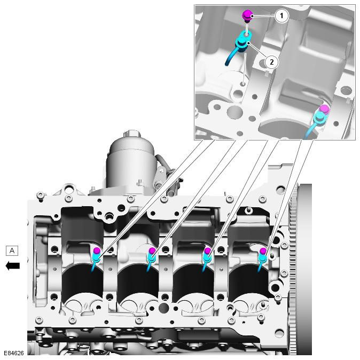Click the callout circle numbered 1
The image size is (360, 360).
coord(281,15)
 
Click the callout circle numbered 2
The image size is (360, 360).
coord(271,62)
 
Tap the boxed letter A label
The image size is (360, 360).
coord(12,251)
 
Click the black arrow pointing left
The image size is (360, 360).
coord(13,266)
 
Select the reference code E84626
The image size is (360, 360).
coord(14,353)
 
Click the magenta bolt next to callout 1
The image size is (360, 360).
coord(247,16)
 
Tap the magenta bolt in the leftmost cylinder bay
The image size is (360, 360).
coord(97,251)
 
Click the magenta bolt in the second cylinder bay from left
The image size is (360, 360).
coord(152,251)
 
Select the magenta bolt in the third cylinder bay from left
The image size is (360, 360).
coord(207,251)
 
